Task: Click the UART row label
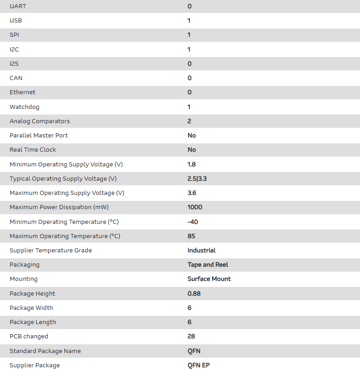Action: click(17, 6)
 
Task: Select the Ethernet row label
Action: click(22, 92)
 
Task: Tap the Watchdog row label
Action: click(24, 107)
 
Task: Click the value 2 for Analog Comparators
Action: click(190, 121)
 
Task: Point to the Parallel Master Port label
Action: click(39, 136)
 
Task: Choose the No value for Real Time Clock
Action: click(192, 150)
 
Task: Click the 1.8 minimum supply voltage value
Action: click(192, 164)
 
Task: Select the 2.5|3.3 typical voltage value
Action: click(197, 179)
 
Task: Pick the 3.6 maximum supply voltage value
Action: click(192, 193)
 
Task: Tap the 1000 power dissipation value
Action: click(195, 207)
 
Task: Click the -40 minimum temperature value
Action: click(193, 222)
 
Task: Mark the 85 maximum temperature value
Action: click(191, 236)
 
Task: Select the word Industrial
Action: click(202, 251)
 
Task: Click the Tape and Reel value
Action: click(208, 265)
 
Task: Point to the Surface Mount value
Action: click(209, 279)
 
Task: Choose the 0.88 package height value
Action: click(194, 293)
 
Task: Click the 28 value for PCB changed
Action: click(191, 337)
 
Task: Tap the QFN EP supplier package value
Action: click(199, 365)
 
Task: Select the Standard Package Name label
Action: click(45, 351)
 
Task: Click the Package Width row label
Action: click(31, 308)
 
